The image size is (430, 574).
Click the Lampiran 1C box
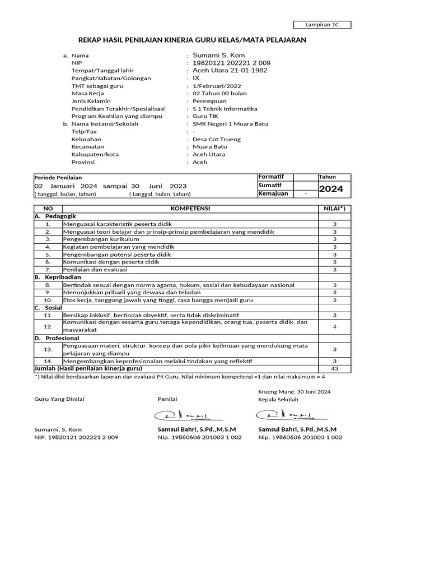click(x=322, y=25)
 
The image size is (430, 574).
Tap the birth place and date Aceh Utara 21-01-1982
click(x=230, y=71)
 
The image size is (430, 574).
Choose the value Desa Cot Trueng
click(x=217, y=139)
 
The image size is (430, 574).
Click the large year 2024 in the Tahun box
click(x=331, y=189)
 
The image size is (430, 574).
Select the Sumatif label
click(x=270, y=185)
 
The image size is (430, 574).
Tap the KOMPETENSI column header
click(x=190, y=208)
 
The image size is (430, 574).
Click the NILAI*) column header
click(x=335, y=208)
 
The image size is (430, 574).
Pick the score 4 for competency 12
click(x=335, y=326)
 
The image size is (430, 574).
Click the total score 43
click(x=335, y=369)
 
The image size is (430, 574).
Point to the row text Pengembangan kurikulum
click(x=101, y=239)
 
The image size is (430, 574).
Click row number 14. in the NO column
click(x=48, y=362)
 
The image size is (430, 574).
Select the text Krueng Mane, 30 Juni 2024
click(x=295, y=391)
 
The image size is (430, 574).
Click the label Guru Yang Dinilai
click(x=55, y=399)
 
